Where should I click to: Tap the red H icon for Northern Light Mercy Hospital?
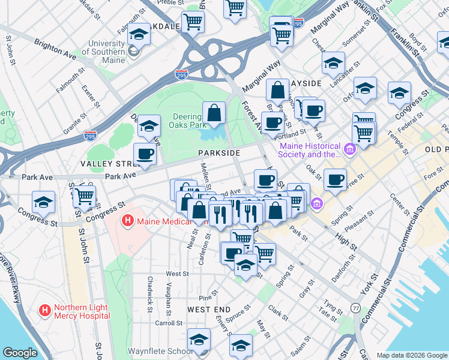pos(44,311)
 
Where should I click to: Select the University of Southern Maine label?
pos(107,47)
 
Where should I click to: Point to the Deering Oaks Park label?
pos(188,121)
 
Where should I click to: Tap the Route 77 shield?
pos(356,308)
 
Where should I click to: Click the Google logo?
pos(20,353)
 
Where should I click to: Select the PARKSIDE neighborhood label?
pos(219,154)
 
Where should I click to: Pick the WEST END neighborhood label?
pos(209,310)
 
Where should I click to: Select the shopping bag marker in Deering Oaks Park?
pos(214,113)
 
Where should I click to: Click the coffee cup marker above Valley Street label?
pos(145,154)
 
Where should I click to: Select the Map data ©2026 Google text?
pos(412,355)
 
